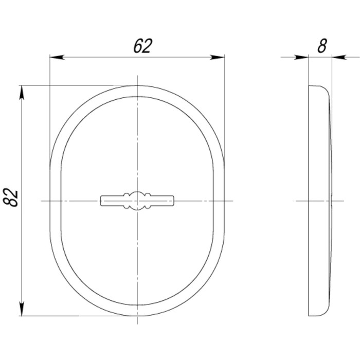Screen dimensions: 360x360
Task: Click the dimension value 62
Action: pos(142,46)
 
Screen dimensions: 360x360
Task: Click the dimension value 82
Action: pos(11,197)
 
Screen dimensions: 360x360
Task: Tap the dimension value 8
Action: pos(322,46)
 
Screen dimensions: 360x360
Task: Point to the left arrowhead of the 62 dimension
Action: pos(57,58)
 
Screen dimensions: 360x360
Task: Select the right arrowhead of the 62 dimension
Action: pos(217,58)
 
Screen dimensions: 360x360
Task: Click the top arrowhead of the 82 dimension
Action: pos(22,92)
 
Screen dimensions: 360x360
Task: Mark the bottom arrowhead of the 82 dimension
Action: pos(22,309)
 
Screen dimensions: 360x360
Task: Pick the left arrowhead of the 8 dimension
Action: pos(301,58)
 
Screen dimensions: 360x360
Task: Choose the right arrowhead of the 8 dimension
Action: pos(339,58)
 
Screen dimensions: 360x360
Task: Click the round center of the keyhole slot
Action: pos(137,201)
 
